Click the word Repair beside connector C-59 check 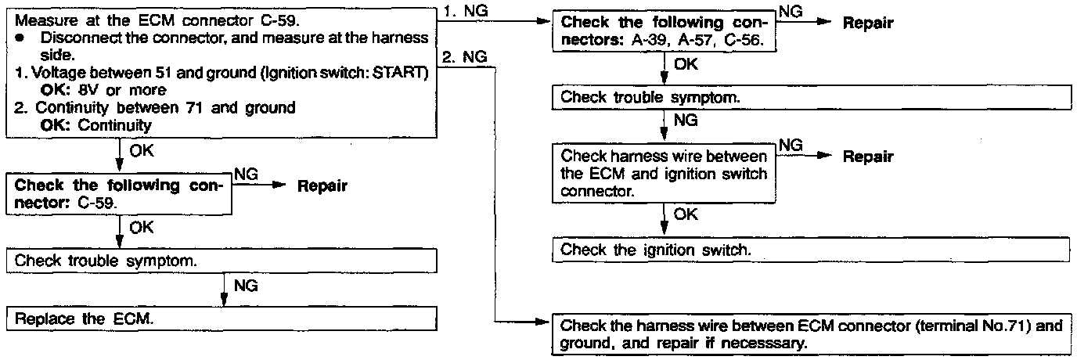pos(322,187)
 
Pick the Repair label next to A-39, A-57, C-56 pos(867,24)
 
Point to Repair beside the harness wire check pos(867,157)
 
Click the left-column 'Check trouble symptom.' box pos(221,261)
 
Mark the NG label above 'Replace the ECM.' pos(245,286)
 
